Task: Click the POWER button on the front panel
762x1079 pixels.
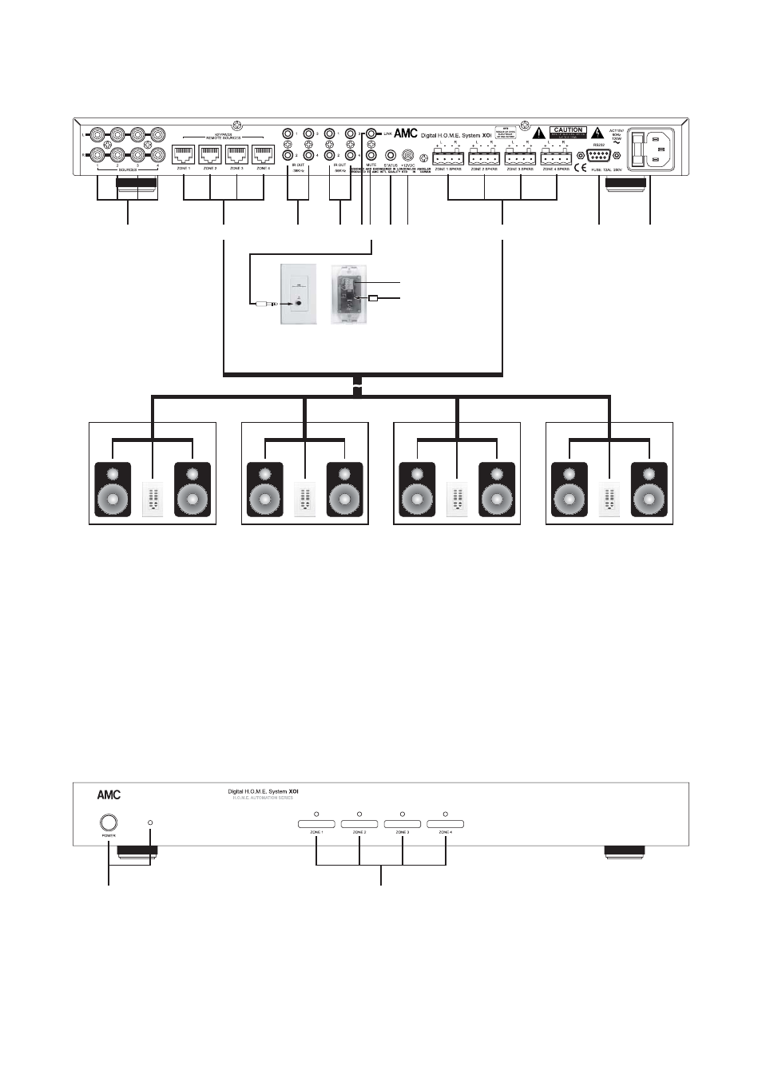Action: pyautogui.click(x=109, y=822)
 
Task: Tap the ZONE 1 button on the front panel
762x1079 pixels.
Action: pyautogui.click(x=317, y=824)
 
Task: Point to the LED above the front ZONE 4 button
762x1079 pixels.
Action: pyautogui.click(x=445, y=814)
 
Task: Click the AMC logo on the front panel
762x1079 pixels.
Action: pyautogui.click(x=109, y=795)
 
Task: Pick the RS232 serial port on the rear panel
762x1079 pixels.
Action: pyautogui.click(x=599, y=156)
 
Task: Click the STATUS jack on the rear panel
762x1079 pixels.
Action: pyautogui.click(x=391, y=155)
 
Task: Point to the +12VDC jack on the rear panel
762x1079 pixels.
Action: pyautogui.click(x=408, y=155)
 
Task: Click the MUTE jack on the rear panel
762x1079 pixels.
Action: pyautogui.click(x=371, y=155)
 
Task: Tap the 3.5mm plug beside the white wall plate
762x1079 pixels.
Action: pyautogui.click(x=265, y=305)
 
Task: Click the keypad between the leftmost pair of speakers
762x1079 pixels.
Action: pyautogui.click(x=153, y=500)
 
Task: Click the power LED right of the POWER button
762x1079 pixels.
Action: pyautogui.click(x=150, y=822)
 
